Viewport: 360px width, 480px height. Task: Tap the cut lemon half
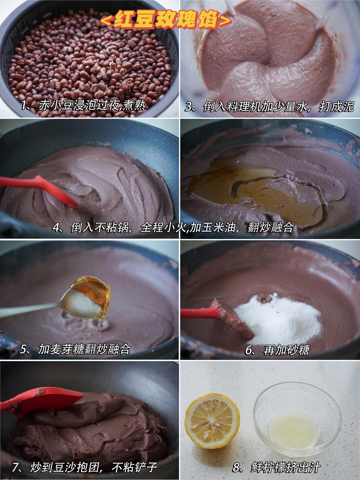click(x=212, y=421)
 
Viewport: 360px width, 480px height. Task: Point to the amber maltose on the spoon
click(x=91, y=293)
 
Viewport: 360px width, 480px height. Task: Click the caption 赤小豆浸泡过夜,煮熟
click(x=92, y=105)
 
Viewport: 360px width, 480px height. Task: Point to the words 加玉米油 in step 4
click(x=213, y=227)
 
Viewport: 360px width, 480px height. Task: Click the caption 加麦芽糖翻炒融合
click(x=84, y=349)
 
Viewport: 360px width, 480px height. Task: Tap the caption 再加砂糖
click(x=287, y=350)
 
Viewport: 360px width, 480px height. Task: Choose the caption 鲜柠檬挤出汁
click(x=285, y=467)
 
